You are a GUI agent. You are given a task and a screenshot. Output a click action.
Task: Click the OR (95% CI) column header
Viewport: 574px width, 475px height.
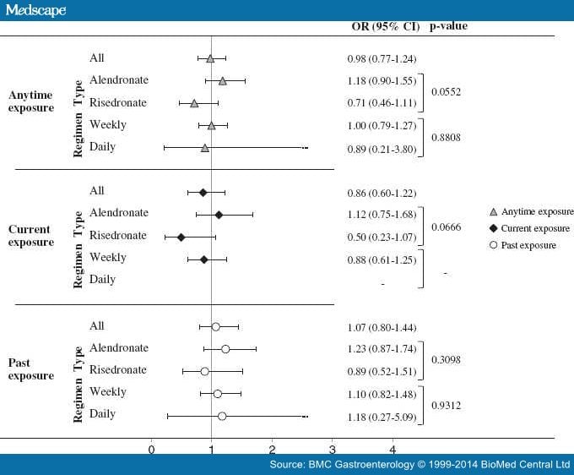(385, 26)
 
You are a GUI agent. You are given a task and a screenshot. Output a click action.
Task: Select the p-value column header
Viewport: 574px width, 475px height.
(448, 26)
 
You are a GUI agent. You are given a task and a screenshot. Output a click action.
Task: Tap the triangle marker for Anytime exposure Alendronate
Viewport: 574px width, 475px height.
(222, 81)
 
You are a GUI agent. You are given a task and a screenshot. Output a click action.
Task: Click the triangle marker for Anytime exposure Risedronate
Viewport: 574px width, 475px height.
(194, 103)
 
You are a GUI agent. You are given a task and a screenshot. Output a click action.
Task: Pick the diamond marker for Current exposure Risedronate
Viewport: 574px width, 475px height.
(181, 237)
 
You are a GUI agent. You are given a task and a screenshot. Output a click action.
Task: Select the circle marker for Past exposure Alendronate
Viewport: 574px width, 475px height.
(225, 348)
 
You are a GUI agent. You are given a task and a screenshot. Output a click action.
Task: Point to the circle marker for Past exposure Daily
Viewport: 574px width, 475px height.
(222, 415)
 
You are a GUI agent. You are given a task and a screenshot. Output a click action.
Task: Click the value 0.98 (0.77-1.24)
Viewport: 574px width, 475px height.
(382, 59)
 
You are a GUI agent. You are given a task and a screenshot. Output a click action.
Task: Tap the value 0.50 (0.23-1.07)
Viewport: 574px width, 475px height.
(382, 236)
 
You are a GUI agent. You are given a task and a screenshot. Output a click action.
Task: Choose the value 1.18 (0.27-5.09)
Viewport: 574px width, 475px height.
(382, 415)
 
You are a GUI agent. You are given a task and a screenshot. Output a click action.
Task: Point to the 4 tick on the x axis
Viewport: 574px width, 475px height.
(393, 448)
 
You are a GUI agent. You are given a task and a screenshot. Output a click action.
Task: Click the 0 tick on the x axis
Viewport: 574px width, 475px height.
(151, 448)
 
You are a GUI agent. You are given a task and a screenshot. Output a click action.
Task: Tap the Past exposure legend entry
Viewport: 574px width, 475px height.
(528, 245)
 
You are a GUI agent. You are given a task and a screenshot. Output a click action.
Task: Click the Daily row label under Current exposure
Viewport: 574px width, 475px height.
(103, 280)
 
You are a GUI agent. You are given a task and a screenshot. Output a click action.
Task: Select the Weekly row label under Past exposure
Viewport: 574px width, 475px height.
(108, 392)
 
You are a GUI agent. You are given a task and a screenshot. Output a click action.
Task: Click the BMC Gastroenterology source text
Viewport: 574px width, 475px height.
(420, 465)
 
